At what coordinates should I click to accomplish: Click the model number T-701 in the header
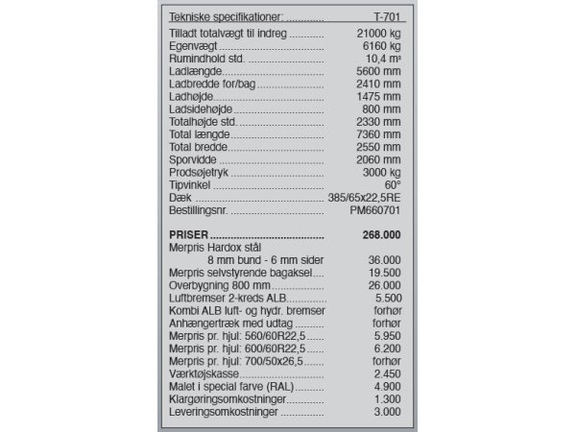386,17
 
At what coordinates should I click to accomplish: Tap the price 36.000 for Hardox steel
383,259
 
